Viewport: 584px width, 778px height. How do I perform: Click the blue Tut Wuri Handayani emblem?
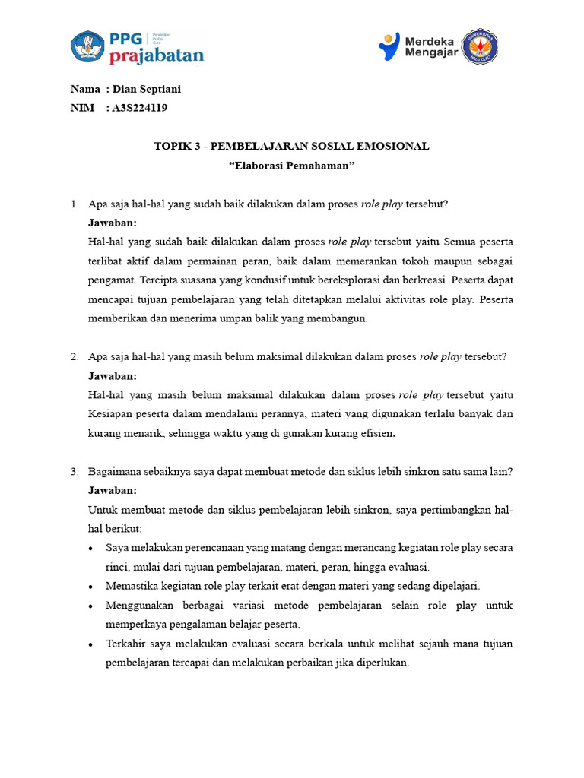[88, 46]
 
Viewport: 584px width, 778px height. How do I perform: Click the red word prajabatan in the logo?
[157, 55]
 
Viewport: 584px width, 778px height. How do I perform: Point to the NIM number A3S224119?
[140, 108]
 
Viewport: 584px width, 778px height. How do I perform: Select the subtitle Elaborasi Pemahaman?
[292, 165]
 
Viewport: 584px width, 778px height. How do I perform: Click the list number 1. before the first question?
[75, 204]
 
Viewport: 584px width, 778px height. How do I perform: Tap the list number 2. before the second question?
[75, 357]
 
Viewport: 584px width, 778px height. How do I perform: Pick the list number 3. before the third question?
[75, 472]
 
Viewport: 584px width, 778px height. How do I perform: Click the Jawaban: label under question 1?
[113, 223]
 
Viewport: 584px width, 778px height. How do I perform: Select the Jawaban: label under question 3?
[113, 491]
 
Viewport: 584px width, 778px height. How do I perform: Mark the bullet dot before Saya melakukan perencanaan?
[92, 549]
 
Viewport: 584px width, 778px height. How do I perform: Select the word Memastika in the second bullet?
[130, 586]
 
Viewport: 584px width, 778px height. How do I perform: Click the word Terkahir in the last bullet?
[125, 644]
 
